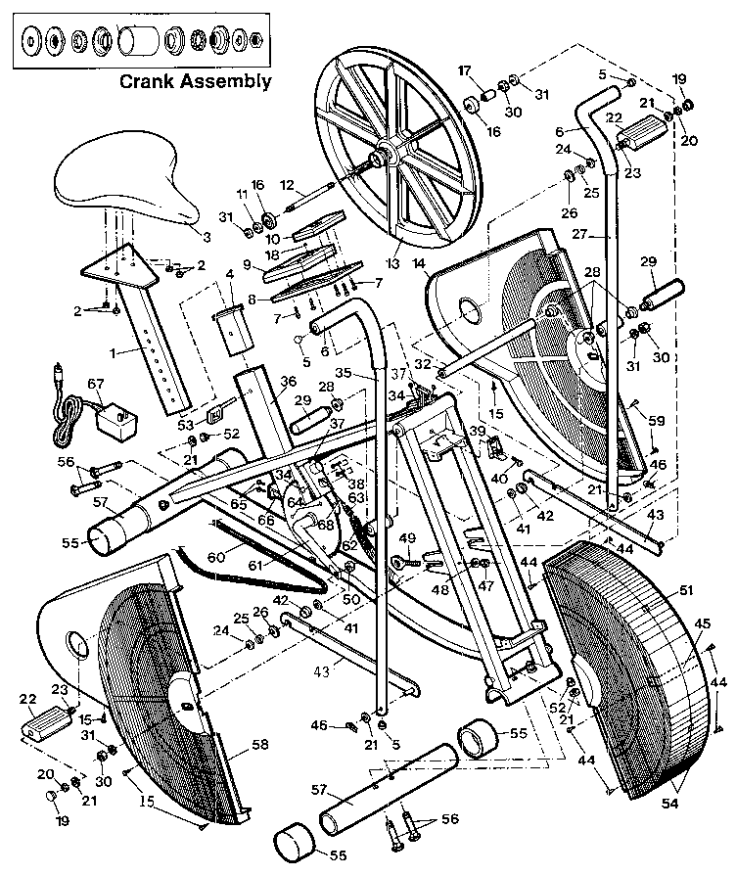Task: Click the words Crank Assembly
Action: [x=196, y=81]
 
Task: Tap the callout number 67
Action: [x=95, y=383]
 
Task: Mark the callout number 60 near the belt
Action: [x=239, y=555]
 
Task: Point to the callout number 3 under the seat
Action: [x=207, y=236]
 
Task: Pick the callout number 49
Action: [x=407, y=536]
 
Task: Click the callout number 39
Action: [x=477, y=432]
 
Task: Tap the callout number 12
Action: [x=287, y=183]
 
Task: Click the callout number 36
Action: [x=289, y=383]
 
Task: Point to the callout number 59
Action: [x=656, y=421]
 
